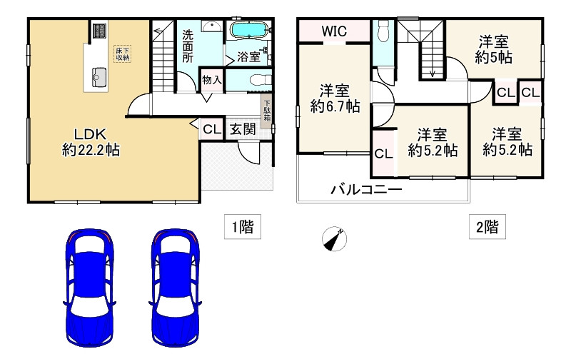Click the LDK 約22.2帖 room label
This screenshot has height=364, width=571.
point(90,141)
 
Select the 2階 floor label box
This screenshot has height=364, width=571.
point(487,228)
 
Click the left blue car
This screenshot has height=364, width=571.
point(89,288)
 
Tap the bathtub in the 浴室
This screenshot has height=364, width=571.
point(248,31)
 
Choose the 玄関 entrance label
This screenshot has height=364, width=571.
point(243,129)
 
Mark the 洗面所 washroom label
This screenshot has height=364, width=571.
point(187,46)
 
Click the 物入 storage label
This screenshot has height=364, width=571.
point(212,79)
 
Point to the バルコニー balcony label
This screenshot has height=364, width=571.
point(365,190)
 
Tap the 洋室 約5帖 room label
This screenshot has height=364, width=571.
point(494,49)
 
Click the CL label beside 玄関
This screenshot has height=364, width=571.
point(211,129)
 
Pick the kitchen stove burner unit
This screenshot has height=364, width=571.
point(99,31)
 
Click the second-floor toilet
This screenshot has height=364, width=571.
point(383,31)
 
